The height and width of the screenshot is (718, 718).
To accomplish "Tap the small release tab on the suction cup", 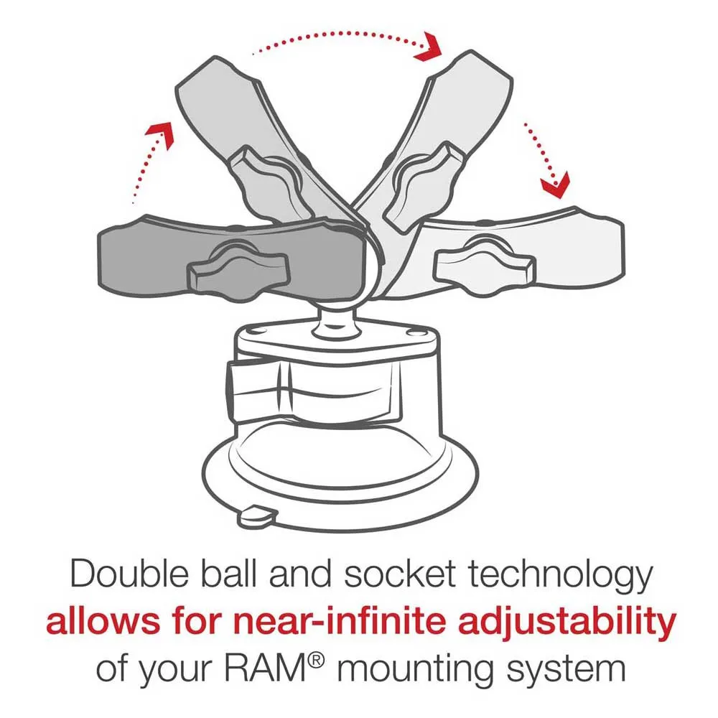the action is click(x=258, y=515).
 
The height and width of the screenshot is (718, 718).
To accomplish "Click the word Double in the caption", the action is click(x=129, y=574).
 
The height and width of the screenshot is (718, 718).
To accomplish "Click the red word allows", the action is click(x=103, y=621).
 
